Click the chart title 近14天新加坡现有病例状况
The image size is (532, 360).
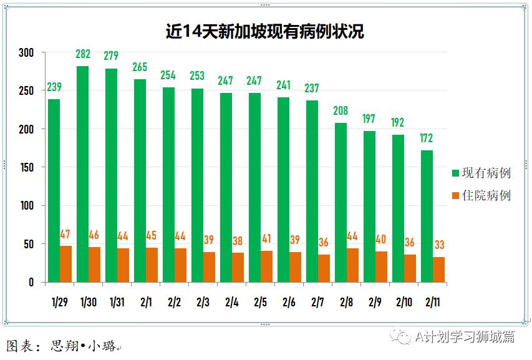coord(265,32)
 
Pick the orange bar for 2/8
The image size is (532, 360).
coord(352,265)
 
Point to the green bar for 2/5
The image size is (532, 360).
coord(254,187)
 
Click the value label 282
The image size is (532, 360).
coord(82,55)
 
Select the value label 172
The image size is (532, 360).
coord(427,139)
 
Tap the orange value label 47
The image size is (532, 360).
coord(65,235)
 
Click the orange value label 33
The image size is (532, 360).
coord(439,245)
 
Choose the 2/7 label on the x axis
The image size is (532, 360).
coord(317,303)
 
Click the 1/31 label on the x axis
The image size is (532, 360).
coord(117,303)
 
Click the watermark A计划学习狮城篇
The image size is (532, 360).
coord(465,337)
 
